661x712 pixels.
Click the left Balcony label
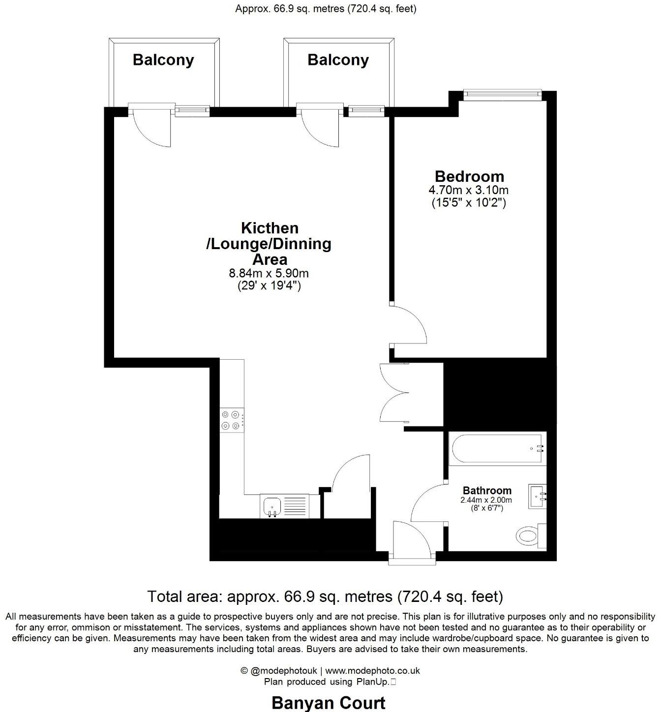pyautogui.click(x=163, y=60)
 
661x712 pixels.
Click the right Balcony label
pyautogui.click(x=338, y=60)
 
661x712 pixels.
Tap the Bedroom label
pyautogui.click(x=469, y=176)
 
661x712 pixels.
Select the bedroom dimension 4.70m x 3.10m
pyautogui.click(x=469, y=190)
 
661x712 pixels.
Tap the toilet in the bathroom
pyautogui.click(x=529, y=535)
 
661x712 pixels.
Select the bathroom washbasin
pyautogui.click(x=537, y=497)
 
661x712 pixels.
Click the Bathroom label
pyautogui.click(x=487, y=490)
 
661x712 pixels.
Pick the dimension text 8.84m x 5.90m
pyautogui.click(x=269, y=273)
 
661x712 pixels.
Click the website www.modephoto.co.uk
pyautogui.click(x=372, y=671)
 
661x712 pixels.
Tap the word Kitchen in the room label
pyautogui.click(x=270, y=228)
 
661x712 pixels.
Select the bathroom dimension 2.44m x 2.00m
pyautogui.click(x=486, y=500)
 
